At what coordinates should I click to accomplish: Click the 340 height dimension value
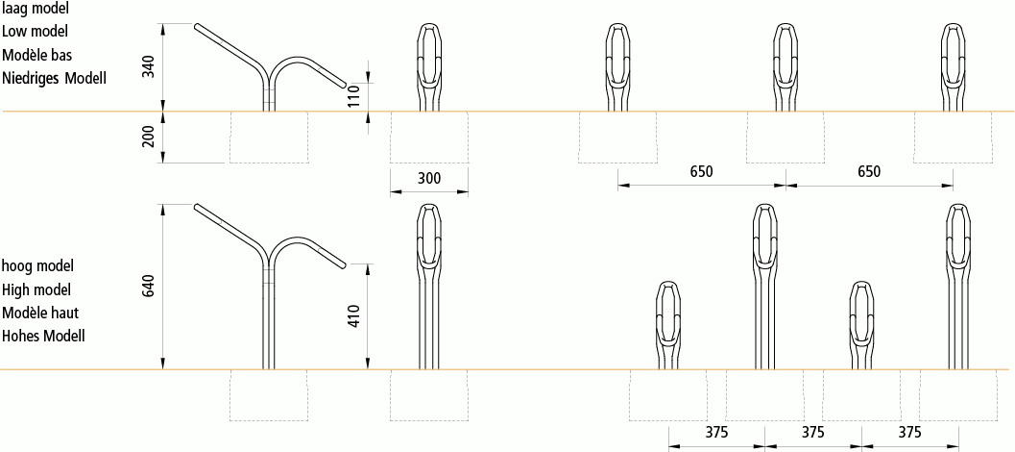click(x=148, y=67)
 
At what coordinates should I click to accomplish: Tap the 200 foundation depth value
click(x=148, y=137)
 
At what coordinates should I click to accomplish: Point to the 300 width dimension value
click(x=428, y=179)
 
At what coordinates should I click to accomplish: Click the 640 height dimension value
click(x=148, y=287)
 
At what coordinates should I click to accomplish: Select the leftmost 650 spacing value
click(x=701, y=171)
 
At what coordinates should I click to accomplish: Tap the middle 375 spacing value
click(x=812, y=432)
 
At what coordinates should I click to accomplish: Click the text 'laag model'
click(x=35, y=8)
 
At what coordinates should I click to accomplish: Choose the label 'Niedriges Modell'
click(x=54, y=77)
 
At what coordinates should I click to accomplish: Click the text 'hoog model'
click(x=37, y=264)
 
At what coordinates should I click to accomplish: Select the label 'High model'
click(x=36, y=289)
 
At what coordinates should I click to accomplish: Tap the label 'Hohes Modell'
click(x=44, y=336)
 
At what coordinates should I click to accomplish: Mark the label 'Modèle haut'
click(x=39, y=313)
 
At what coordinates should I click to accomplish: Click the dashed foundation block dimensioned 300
click(x=428, y=137)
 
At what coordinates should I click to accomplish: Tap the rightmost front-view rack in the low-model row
click(x=953, y=67)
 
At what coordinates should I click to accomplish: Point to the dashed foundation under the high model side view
click(x=268, y=395)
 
